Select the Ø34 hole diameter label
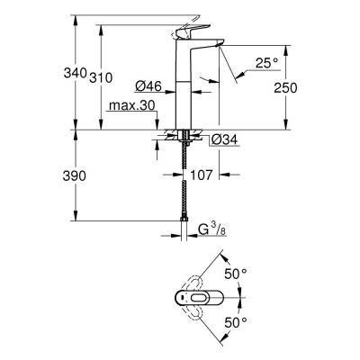[x=225, y=139]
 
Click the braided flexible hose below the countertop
[x=184, y=189]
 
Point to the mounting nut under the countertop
[x=184, y=138]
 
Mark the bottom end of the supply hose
[x=184, y=237]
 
